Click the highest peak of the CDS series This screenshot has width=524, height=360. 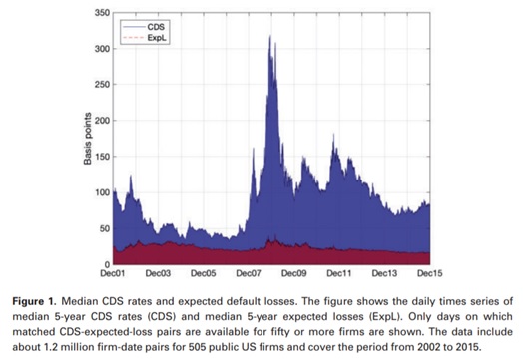point(270,37)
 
